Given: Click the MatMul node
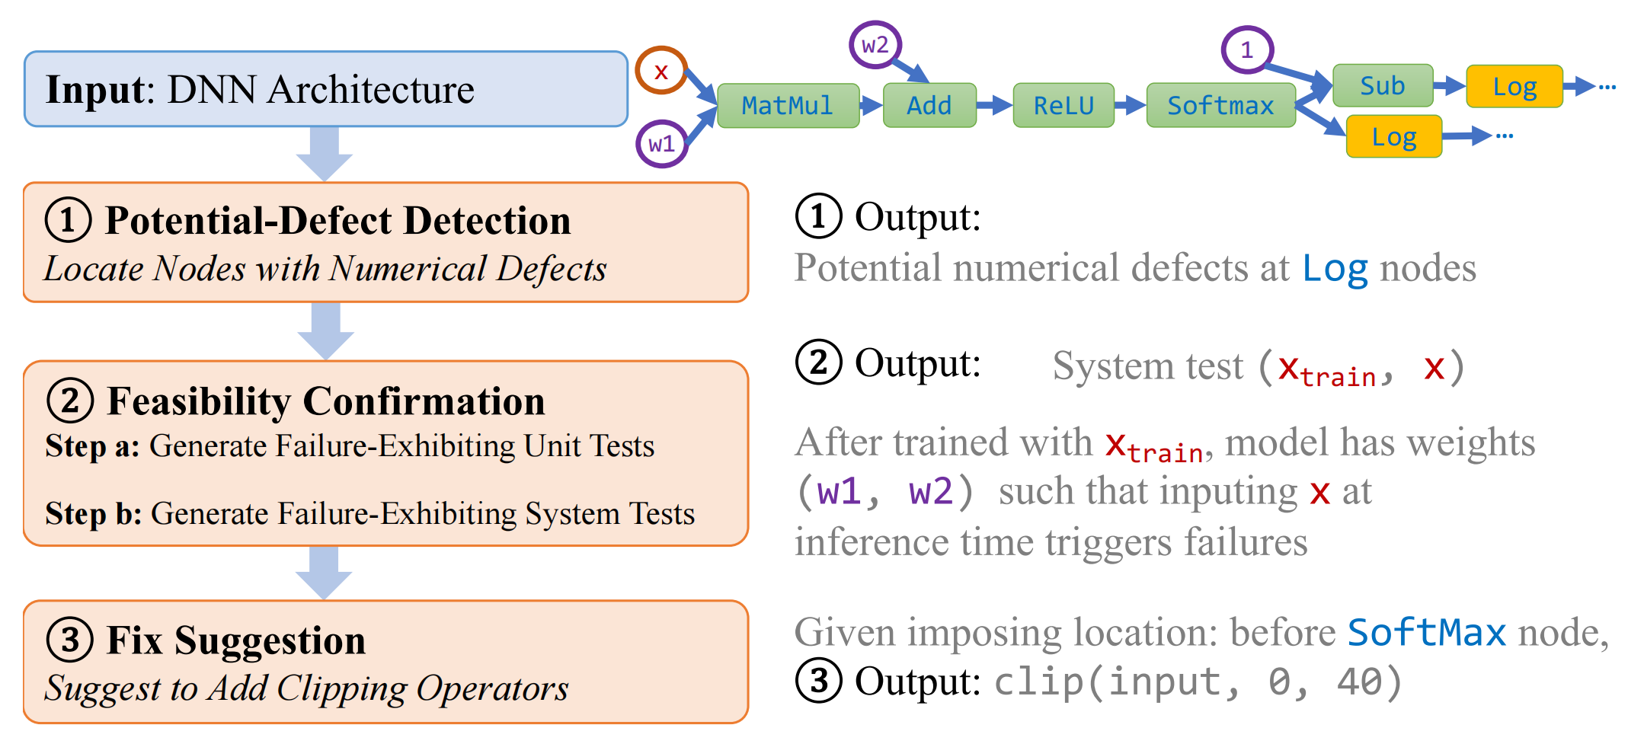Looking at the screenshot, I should (x=788, y=106).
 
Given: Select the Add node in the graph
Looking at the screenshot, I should (x=929, y=106).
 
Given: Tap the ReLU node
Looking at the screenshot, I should (x=1063, y=106).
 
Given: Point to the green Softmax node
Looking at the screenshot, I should (x=1220, y=106).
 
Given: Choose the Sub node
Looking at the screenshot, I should (x=1382, y=86).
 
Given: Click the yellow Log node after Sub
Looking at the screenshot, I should (x=1514, y=87).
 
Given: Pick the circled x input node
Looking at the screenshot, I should (x=661, y=71).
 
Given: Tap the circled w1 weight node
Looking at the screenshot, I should (x=661, y=143).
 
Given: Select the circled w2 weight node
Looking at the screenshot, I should (x=875, y=45).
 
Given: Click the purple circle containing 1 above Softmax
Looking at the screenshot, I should (x=1247, y=50).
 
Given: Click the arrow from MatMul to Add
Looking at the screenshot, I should (x=872, y=106).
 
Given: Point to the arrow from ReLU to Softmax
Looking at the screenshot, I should (x=1131, y=106).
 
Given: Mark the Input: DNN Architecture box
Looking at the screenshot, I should (x=325, y=89).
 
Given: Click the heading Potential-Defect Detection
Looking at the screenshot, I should (x=337, y=221).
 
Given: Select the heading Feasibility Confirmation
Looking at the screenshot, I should (x=326, y=401).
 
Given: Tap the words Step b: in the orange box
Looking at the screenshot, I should (x=94, y=514).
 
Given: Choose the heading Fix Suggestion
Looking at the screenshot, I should (x=236, y=640).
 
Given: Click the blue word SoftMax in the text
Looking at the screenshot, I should (x=1426, y=633).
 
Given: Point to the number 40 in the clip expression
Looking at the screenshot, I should (x=1359, y=682).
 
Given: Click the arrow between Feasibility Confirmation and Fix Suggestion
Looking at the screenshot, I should (x=324, y=572).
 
